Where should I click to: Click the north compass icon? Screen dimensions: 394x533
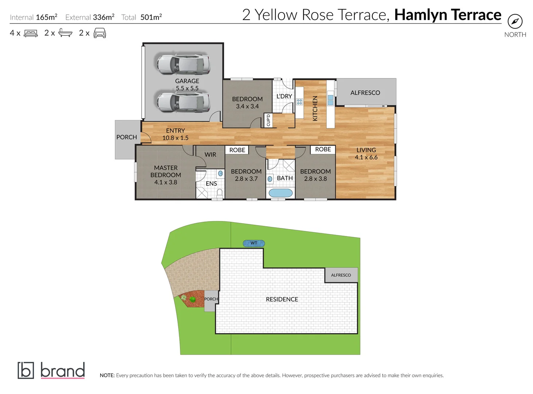[515, 22]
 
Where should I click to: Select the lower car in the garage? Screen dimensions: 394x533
[183, 102]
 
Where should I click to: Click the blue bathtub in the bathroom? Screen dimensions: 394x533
[281, 193]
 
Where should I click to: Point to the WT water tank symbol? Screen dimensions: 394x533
[254, 243]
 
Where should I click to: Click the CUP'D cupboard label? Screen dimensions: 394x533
[269, 120]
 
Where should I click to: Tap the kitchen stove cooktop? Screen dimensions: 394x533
[299, 102]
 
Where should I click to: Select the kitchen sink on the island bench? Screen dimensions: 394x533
[330, 100]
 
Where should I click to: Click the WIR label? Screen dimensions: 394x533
[210, 155]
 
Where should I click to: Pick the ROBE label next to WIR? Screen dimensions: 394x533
[237, 150]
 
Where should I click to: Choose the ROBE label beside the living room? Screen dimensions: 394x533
[323, 149]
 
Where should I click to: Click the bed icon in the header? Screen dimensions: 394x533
[31, 34]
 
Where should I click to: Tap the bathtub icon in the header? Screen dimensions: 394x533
[65, 33]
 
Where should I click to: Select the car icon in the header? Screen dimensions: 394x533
[99, 33]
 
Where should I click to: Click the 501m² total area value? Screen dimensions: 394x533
[151, 17]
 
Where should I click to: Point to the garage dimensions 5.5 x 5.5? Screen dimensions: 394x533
[187, 88]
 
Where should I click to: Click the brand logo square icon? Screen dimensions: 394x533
[26, 370]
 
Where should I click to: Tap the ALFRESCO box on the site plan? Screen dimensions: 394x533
[341, 275]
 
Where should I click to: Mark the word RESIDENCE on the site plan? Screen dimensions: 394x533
[282, 299]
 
